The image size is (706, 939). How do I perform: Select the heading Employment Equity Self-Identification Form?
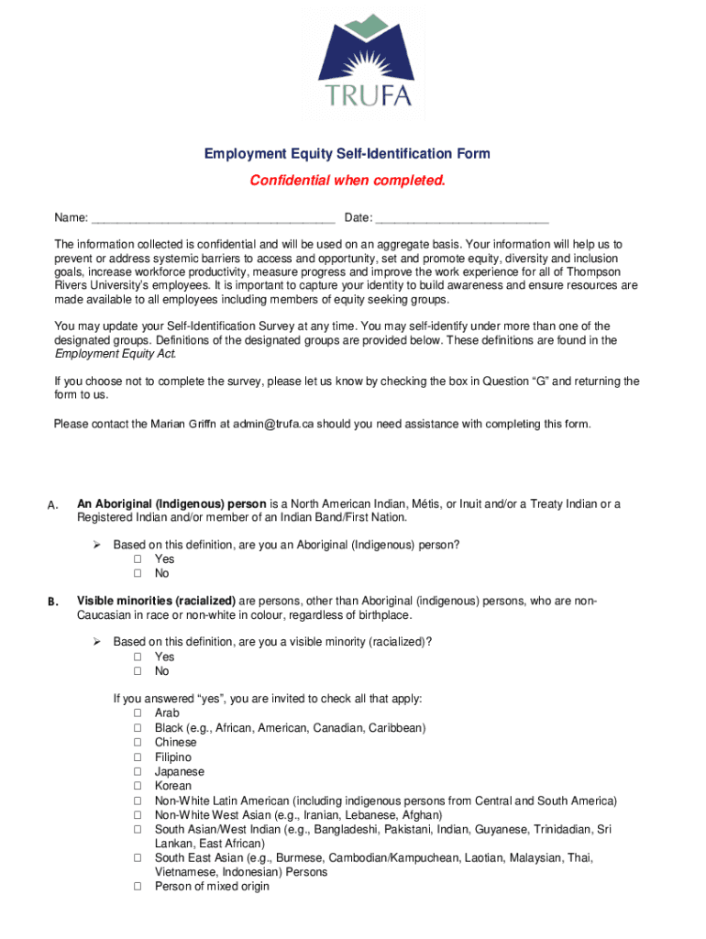coord(347,154)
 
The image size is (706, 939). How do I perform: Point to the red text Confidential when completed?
coord(347,181)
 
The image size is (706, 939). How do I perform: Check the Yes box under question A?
coord(138,559)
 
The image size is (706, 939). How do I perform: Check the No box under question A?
coord(138,574)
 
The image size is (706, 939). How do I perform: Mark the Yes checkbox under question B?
coord(138,657)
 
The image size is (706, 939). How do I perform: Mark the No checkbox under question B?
coord(138,671)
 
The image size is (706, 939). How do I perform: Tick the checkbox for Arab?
coord(138,713)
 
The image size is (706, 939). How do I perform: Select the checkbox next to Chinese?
coord(138,743)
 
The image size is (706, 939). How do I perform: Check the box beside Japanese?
coord(138,772)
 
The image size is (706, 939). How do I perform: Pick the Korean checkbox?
coord(138,786)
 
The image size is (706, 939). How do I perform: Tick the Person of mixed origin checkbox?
coord(138,887)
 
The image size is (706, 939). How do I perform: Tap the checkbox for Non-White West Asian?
coord(138,815)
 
